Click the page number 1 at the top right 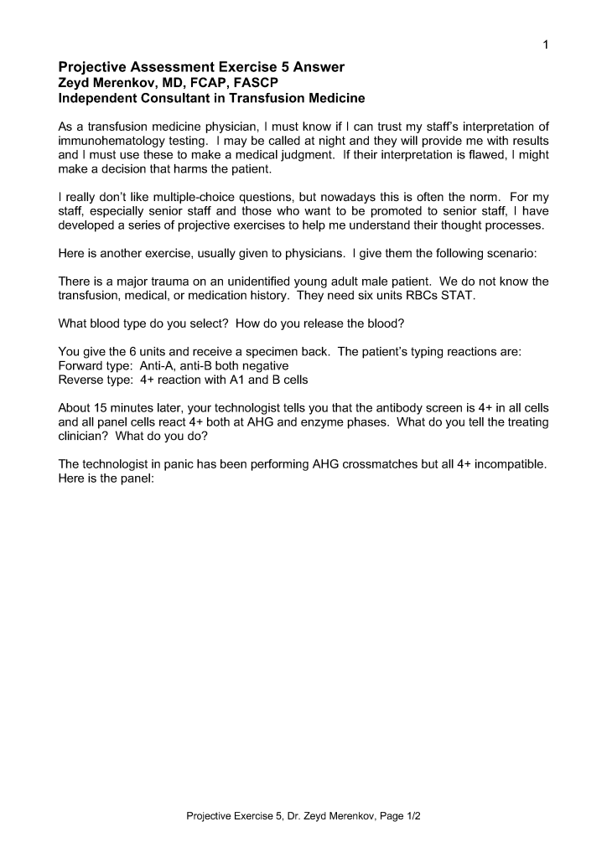[x=545, y=44]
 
